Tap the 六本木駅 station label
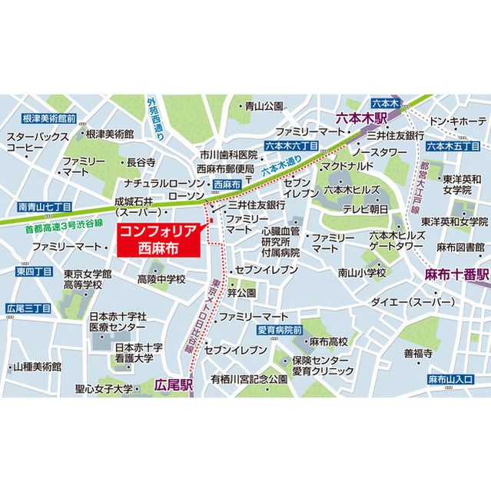360,119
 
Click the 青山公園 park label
264,107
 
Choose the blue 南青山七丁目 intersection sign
44,208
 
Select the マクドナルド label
347,165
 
